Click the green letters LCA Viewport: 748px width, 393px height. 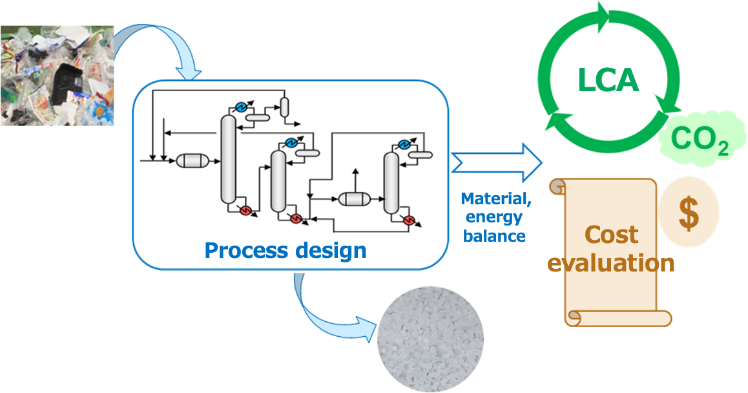(x=608, y=81)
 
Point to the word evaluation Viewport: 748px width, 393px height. (x=611, y=263)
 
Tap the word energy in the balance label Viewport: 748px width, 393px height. (x=494, y=218)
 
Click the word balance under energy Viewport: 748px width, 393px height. (x=494, y=236)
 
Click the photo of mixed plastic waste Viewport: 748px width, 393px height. (x=57, y=75)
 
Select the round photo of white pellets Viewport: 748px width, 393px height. (x=430, y=338)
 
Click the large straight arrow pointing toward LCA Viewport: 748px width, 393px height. (x=497, y=162)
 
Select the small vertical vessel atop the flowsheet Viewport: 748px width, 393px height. (x=284, y=107)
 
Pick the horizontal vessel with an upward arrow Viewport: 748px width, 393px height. (x=354, y=198)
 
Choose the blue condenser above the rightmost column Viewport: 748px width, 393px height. (x=404, y=144)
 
